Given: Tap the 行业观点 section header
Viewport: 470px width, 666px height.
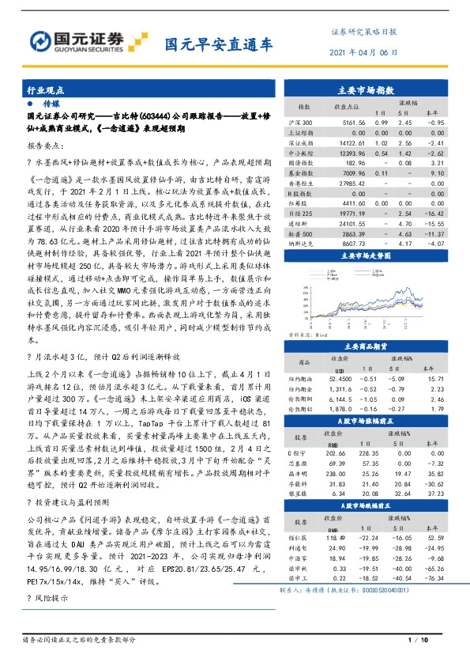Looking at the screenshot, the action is [46, 91].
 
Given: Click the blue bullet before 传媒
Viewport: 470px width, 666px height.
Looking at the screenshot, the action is [29, 104].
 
